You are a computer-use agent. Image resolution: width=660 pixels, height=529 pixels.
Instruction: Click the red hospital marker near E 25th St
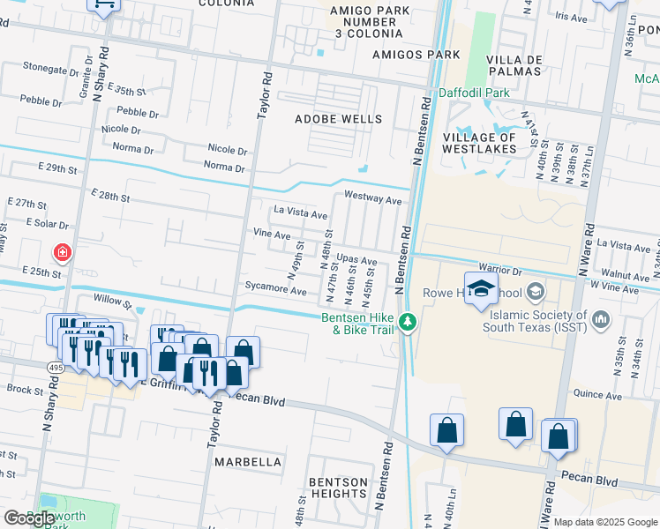coord(63,254)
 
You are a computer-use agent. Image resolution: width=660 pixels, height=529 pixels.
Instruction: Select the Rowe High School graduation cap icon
coord(482,289)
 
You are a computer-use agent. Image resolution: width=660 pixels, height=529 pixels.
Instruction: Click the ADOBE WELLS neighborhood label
coord(339,119)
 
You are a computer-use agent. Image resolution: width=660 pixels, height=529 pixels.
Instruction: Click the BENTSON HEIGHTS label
coord(339,488)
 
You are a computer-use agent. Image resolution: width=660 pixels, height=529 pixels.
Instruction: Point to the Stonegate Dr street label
coord(51,66)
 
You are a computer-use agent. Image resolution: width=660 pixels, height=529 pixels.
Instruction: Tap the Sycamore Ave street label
coord(276,290)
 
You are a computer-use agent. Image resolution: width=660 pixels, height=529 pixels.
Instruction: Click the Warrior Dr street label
coord(501,265)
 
